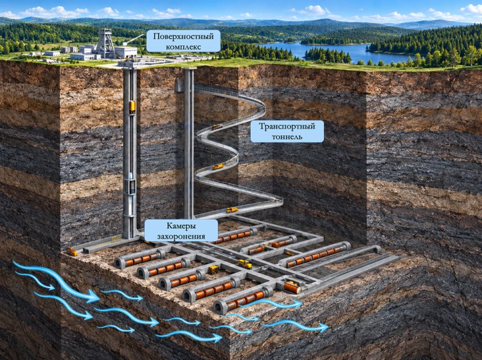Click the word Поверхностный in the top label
(184, 37)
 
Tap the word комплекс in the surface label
(184, 47)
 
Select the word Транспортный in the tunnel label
(287, 127)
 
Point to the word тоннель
(287, 136)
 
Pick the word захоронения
(181, 237)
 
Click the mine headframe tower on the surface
(105, 43)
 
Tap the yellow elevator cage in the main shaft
(132, 106)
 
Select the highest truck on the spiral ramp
(217, 127)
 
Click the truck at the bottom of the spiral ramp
(232, 210)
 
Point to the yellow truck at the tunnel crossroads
(245, 264)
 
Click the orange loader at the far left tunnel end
(72, 251)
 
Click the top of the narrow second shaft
(189, 69)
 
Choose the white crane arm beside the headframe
(134, 39)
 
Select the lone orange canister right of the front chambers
(291, 288)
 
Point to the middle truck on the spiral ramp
(218, 167)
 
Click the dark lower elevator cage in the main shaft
(132, 187)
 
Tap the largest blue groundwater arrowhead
(92, 297)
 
